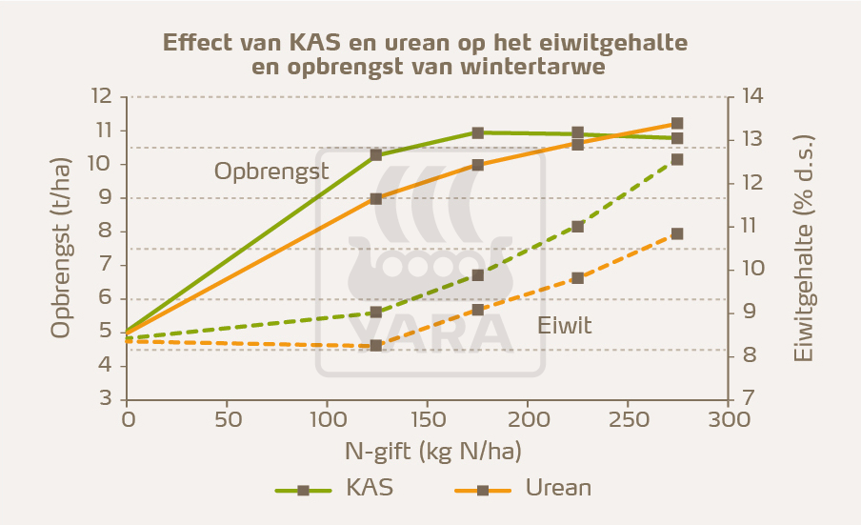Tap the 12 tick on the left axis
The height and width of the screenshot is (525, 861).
(x=101, y=97)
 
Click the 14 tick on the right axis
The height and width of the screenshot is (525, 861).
(x=751, y=97)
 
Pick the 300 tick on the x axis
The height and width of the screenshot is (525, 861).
(x=728, y=419)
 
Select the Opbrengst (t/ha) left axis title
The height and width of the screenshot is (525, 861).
(x=61, y=249)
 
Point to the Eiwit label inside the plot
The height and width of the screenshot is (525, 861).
(x=564, y=326)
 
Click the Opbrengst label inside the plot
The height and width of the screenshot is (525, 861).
(x=270, y=172)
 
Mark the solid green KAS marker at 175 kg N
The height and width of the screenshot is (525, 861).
(x=477, y=133)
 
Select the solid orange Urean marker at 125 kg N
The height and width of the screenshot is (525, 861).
(x=376, y=199)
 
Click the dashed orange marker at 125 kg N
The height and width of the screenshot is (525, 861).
(x=376, y=346)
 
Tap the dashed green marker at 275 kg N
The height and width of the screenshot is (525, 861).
(x=677, y=159)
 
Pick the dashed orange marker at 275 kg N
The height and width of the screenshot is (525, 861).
(x=677, y=233)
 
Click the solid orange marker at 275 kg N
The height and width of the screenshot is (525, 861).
(x=677, y=124)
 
